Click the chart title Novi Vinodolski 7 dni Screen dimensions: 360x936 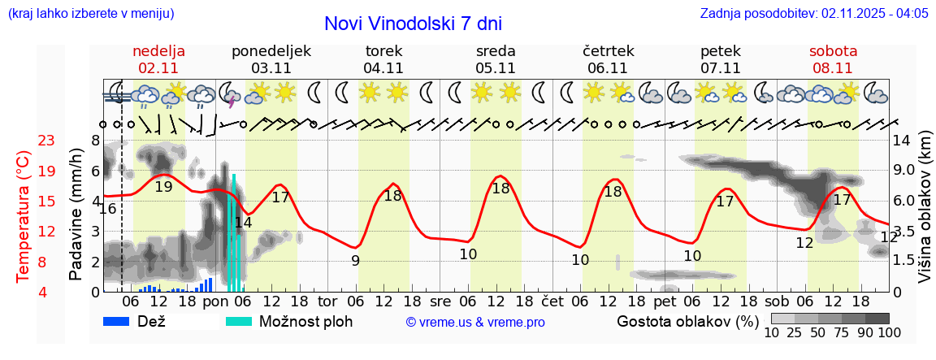413,24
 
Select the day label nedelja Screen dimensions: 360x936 158,51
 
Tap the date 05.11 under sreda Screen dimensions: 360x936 496,68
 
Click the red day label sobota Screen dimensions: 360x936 833,51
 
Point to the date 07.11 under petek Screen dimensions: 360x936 720,68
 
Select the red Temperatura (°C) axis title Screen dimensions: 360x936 24,216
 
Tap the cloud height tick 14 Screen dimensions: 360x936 902,141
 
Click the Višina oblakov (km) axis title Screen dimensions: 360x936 925,215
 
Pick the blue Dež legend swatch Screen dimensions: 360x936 122,321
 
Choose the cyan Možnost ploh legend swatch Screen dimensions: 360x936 240,321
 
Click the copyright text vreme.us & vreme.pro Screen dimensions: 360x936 475,322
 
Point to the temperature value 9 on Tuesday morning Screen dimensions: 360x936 355,261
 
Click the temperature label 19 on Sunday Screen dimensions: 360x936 163,186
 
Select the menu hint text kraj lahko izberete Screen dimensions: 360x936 89,13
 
